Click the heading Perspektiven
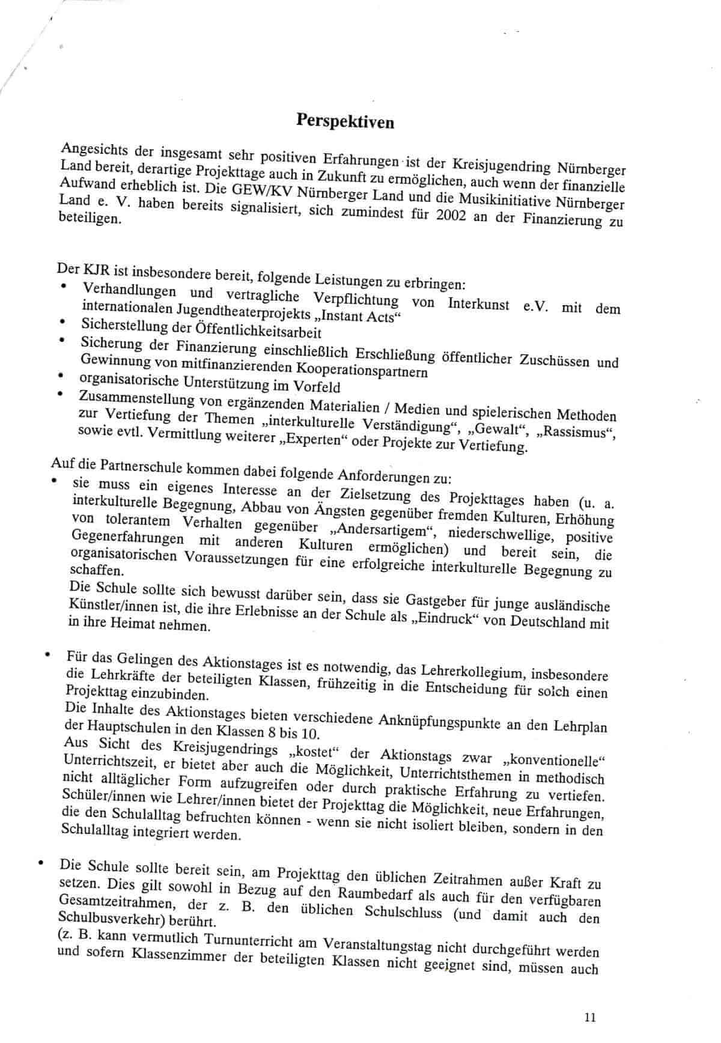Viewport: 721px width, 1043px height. click(x=345, y=121)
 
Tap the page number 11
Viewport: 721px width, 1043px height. click(x=589, y=1017)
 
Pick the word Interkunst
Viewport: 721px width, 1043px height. click(x=478, y=303)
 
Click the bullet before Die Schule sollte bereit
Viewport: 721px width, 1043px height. click(x=40, y=864)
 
